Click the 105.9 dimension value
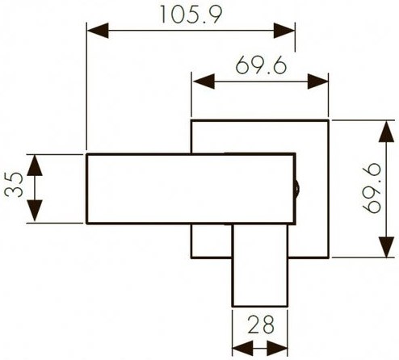[191, 15]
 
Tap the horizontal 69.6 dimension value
[261, 65]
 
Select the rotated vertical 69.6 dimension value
[372, 188]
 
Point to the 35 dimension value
[14, 185]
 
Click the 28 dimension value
[261, 324]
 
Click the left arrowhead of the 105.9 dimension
[98, 31]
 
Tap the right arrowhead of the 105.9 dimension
[284, 31]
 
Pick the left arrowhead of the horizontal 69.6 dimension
[204, 81]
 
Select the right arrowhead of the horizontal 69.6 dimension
[318, 81]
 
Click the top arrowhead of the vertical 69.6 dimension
[386, 132]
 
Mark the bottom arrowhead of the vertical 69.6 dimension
[386, 247]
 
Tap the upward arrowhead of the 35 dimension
[35, 165]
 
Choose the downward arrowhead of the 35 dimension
[35, 211]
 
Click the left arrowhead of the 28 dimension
[242, 348]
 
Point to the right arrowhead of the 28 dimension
[277, 348]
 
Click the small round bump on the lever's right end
[297, 189]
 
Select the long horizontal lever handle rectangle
[191, 189]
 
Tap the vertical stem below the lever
[260, 265]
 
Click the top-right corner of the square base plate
[329, 120]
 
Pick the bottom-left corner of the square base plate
[191, 257]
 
